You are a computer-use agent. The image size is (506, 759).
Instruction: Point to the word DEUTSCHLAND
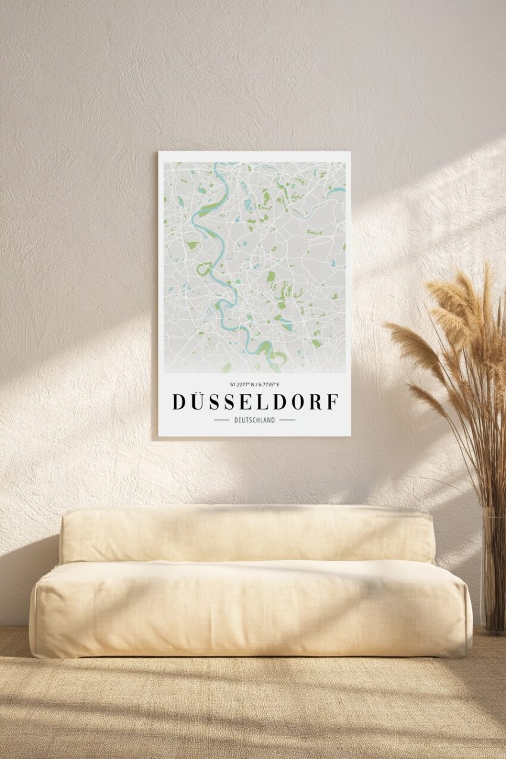tap(255, 420)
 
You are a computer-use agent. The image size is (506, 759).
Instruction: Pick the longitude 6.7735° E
tap(268, 385)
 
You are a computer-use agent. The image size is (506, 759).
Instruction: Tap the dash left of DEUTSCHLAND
tap(221, 420)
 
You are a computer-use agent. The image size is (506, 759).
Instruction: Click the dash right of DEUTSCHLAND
tap(288, 420)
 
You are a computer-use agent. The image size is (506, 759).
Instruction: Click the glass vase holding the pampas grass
tap(493, 571)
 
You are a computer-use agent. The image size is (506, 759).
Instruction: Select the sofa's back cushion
tap(247, 534)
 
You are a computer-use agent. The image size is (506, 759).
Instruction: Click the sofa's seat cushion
tap(250, 607)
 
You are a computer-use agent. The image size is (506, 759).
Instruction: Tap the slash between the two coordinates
tap(255, 385)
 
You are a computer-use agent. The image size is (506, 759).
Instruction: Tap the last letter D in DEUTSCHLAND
tap(273, 420)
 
